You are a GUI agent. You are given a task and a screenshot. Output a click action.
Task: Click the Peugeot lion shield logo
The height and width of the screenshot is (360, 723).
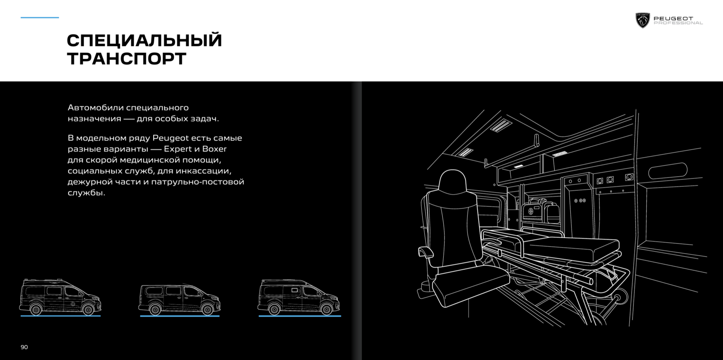[x=643, y=20]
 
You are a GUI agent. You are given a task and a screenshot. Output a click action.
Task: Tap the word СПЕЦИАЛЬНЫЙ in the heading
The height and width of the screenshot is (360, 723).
[x=144, y=40]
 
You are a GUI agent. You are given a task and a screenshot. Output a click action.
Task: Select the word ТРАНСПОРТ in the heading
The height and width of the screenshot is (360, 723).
[x=127, y=59]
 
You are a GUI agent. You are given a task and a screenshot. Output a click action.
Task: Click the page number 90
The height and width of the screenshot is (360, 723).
[x=24, y=347]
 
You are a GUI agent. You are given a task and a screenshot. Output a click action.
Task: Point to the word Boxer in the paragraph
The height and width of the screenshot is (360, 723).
[x=214, y=149]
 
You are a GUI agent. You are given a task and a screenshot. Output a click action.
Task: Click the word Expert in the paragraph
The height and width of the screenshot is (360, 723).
[x=178, y=149]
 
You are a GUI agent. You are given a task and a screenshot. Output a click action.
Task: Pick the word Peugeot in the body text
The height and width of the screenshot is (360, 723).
[x=170, y=138]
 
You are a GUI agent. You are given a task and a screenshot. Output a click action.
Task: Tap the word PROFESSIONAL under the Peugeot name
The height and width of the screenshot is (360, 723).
[x=678, y=23]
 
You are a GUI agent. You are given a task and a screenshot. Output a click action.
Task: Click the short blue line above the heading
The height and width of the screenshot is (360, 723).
[x=40, y=18]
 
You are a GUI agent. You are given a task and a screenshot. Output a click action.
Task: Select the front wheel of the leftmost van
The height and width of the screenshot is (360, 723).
[x=88, y=309]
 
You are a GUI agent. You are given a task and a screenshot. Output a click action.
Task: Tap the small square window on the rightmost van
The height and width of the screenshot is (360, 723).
[x=295, y=290]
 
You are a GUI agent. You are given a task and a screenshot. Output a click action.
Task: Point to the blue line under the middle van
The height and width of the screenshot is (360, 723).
[x=179, y=316]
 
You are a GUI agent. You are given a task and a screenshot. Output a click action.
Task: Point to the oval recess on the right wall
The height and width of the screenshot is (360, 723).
[x=667, y=171]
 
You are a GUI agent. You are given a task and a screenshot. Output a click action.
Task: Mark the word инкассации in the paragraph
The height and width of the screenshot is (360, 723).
[x=204, y=171]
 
